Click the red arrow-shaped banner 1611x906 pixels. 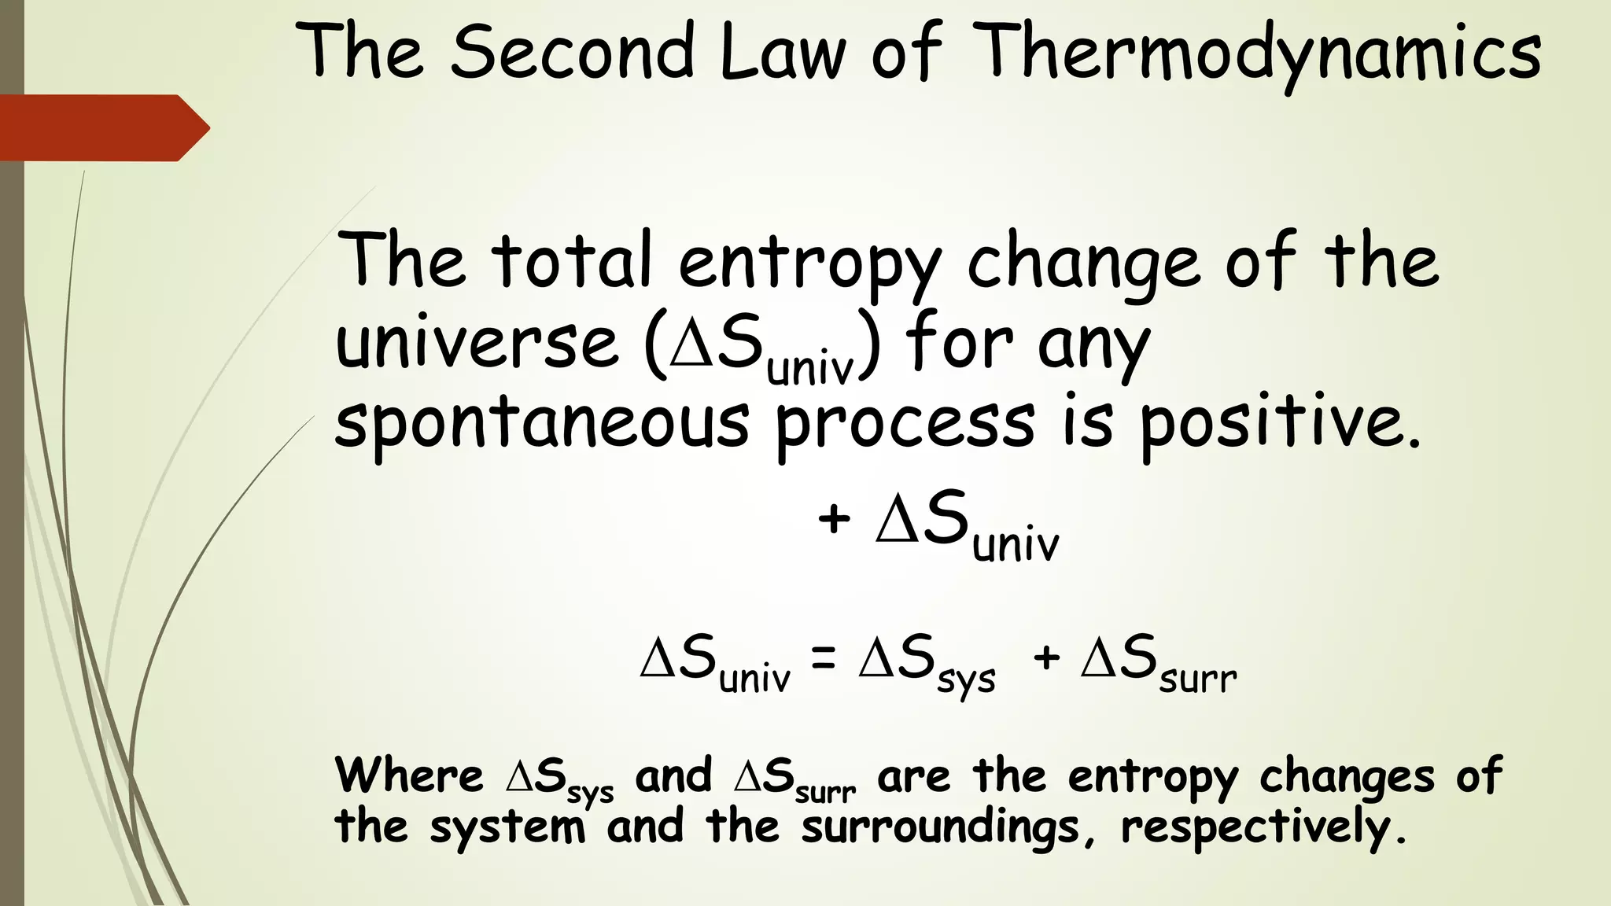coord(102,127)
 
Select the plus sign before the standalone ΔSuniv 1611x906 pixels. coord(834,520)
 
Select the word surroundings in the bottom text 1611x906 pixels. coord(941,828)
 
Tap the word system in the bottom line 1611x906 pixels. coord(507,828)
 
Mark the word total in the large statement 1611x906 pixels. coord(573,260)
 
